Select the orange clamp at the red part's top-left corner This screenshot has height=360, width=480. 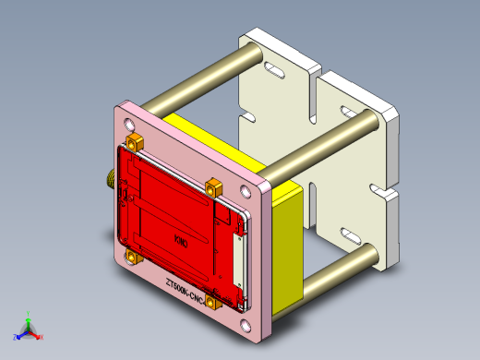tap(134, 142)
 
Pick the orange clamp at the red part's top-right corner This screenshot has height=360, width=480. tap(213, 186)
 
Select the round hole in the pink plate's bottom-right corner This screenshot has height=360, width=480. tap(246, 324)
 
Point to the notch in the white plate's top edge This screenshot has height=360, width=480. tap(318, 72)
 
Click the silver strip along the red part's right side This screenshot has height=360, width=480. tap(243, 258)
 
